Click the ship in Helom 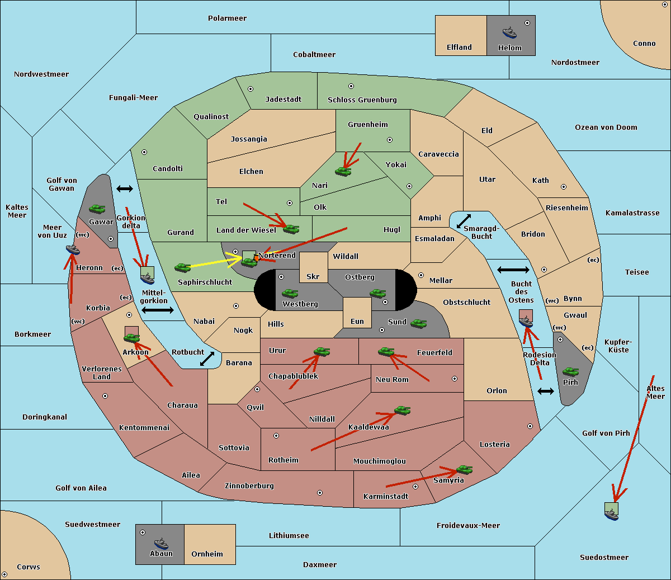click(x=509, y=32)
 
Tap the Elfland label click(x=459, y=48)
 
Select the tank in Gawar click(x=97, y=209)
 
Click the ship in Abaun click(x=162, y=543)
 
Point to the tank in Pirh click(x=570, y=371)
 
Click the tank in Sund click(x=418, y=324)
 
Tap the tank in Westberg click(x=290, y=294)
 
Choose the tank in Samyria click(x=464, y=470)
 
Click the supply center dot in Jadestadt click(x=251, y=89)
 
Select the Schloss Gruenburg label click(x=362, y=100)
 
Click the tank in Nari click(x=343, y=172)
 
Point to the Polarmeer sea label click(x=227, y=18)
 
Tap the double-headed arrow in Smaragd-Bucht click(x=464, y=221)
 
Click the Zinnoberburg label click(x=249, y=486)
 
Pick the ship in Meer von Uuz click(x=73, y=250)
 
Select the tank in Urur click(x=322, y=351)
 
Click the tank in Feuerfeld click(x=386, y=352)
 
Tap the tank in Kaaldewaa click(x=402, y=411)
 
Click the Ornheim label click(x=207, y=554)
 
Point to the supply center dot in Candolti click(x=144, y=152)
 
